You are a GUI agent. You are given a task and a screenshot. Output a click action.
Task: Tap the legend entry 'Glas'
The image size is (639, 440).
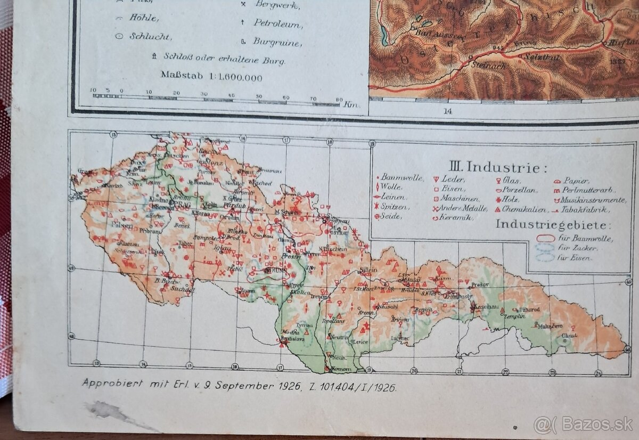tap(511, 181)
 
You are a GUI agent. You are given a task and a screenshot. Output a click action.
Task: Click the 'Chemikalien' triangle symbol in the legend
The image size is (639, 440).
tap(498, 208)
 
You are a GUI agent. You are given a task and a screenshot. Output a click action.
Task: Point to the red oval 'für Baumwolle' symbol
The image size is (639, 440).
tap(545, 238)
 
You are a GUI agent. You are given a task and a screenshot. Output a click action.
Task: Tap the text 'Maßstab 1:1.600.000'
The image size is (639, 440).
tap(211, 77)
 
